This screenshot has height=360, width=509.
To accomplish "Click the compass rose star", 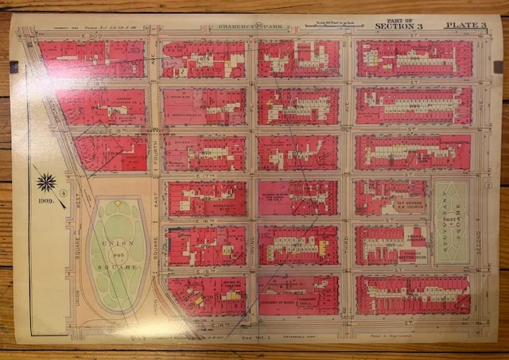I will pyautogui.click(x=46, y=183).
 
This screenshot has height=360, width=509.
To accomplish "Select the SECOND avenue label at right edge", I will pyautogui.click(x=481, y=238).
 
